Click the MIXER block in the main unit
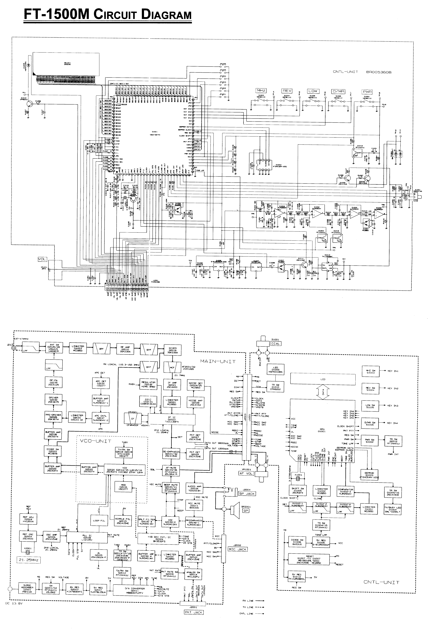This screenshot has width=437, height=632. pyautogui.click(x=173, y=350)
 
